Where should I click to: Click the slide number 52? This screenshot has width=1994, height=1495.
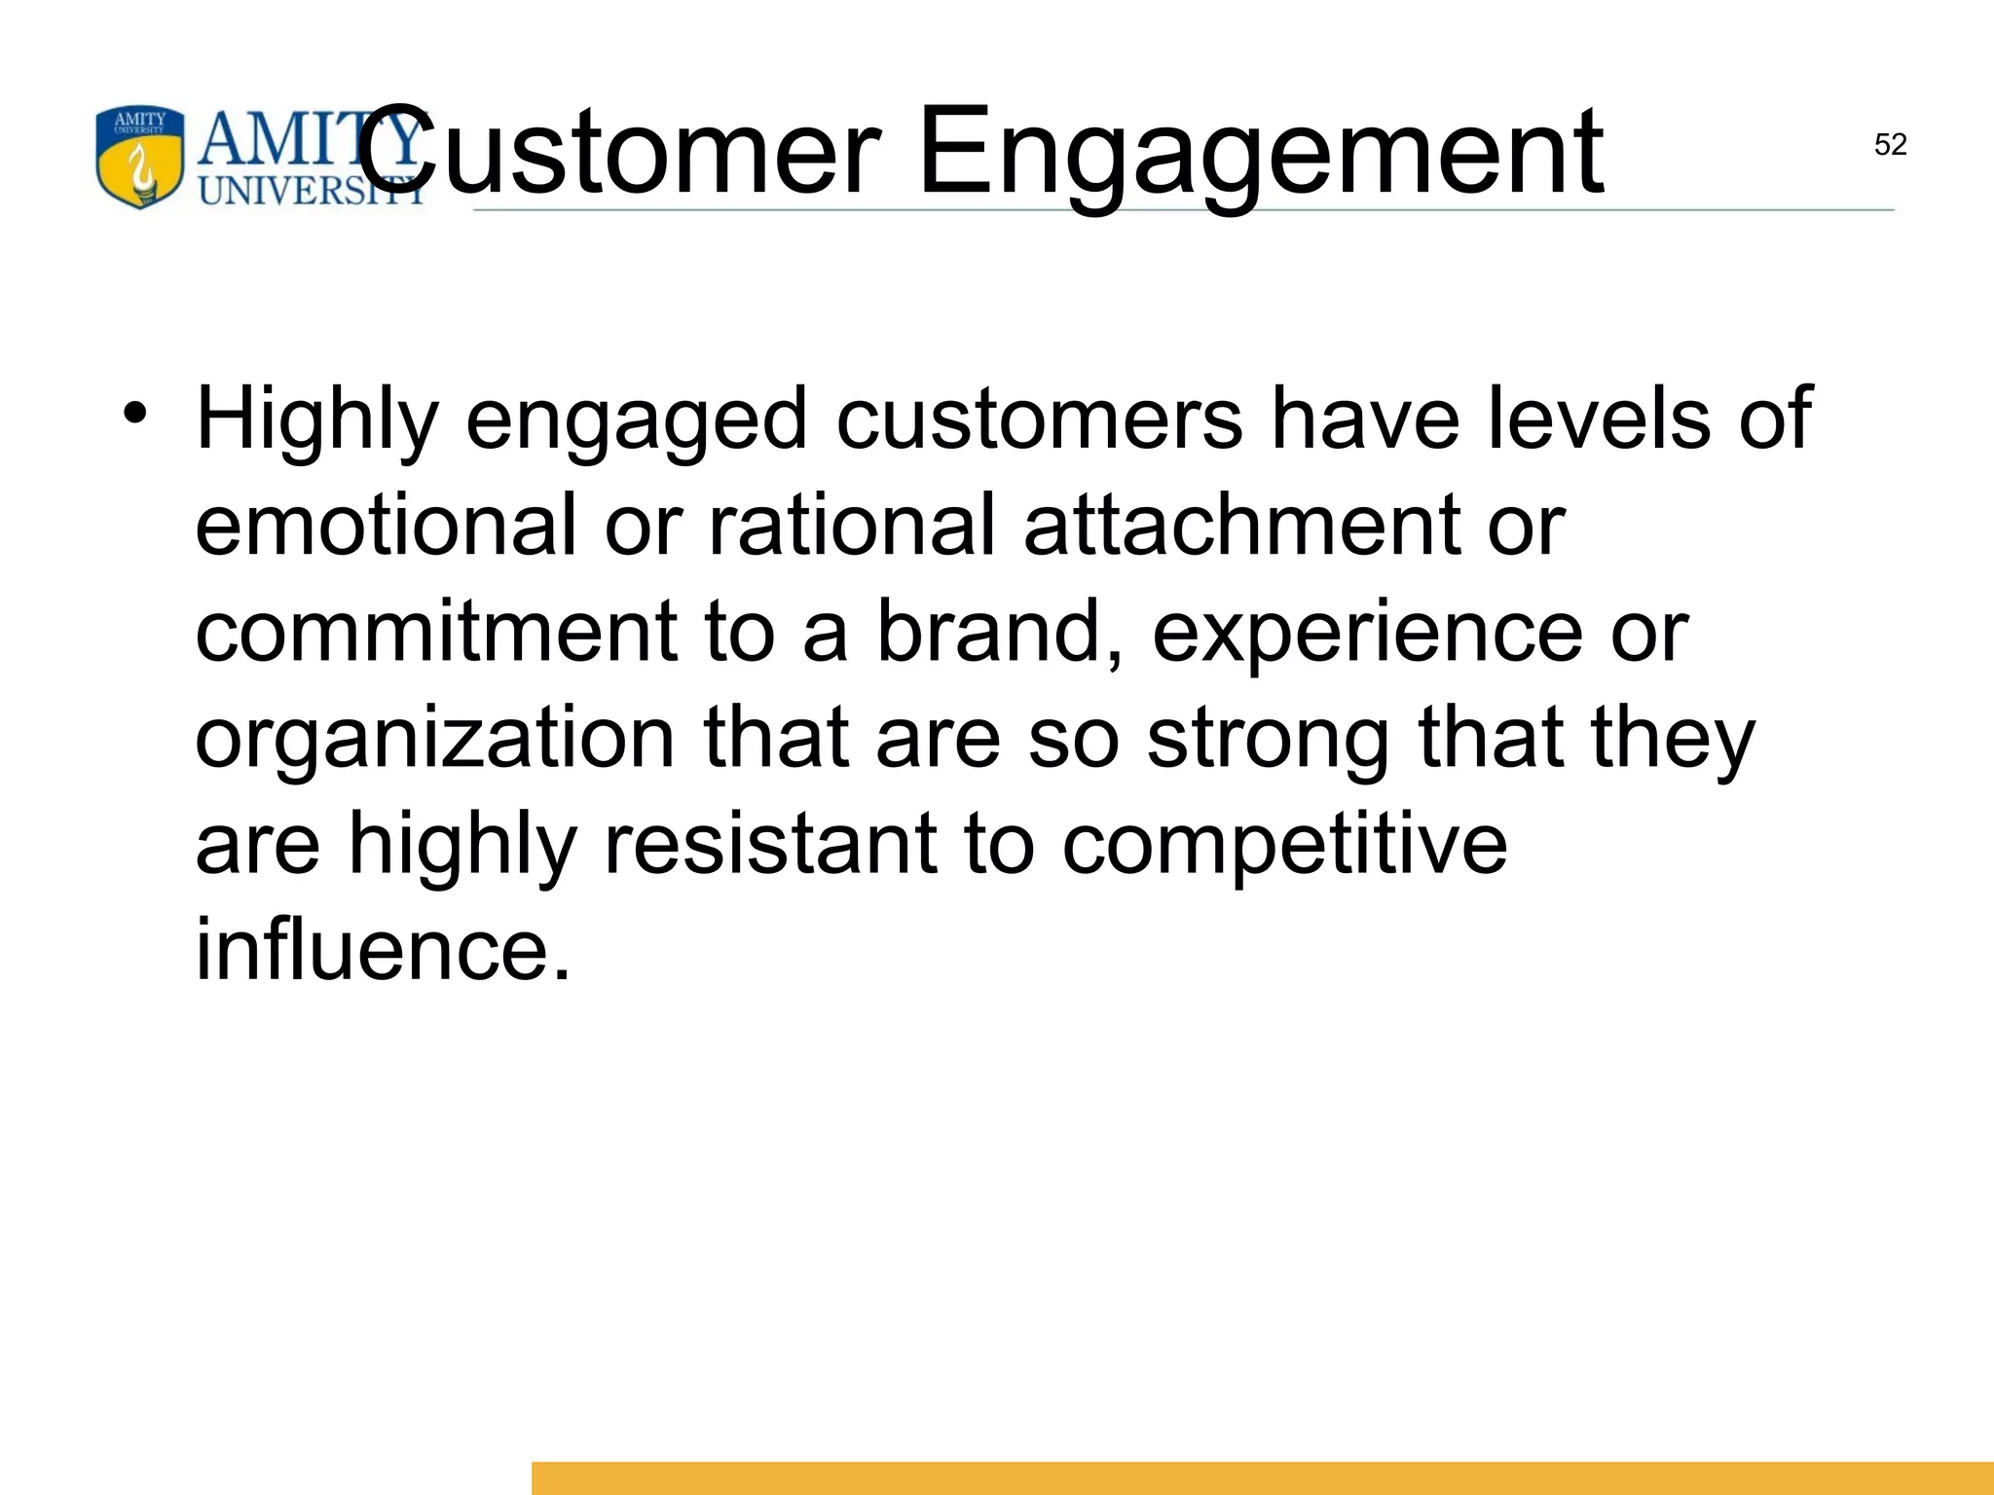[x=1890, y=145]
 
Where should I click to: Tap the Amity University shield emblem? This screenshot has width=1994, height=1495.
[x=139, y=158]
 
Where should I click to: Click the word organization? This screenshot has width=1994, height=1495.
[x=434, y=739]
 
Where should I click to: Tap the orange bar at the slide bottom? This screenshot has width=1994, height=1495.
[x=1262, y=1477]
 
